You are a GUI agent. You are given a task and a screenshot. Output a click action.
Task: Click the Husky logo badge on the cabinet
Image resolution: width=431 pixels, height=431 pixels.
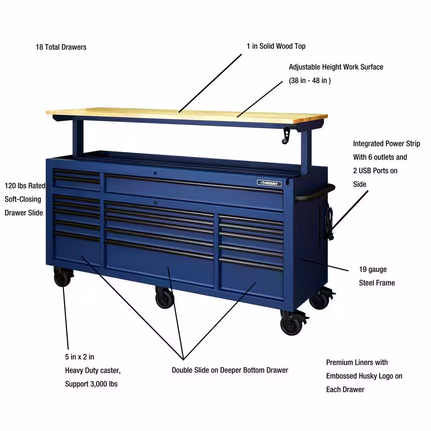click(x=269, y=183)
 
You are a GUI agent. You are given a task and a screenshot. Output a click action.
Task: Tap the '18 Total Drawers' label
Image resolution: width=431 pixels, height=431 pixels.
click(x=61, y=47)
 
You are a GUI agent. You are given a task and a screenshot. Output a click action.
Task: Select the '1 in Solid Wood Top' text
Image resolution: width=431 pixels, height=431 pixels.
click(x=276, y=46)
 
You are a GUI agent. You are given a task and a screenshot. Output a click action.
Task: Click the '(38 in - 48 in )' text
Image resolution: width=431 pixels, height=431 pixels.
click(x=310, y=81)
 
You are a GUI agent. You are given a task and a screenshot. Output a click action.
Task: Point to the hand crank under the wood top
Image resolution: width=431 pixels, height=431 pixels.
click(x=286, y=135)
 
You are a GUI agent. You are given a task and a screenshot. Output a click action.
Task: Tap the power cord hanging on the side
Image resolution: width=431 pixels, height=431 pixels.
click(x=329, y=223)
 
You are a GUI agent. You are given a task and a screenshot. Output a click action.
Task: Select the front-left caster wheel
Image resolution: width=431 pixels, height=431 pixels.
click(x=62, y=277)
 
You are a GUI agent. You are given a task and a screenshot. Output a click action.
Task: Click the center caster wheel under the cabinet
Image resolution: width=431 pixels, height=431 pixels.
click(x=164, y=297)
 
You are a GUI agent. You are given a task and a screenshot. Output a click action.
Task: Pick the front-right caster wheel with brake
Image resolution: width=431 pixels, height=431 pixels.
click(x=293, y=323)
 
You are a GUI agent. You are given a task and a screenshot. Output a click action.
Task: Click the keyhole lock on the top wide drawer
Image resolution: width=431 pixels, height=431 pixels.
click(x=155, y=173)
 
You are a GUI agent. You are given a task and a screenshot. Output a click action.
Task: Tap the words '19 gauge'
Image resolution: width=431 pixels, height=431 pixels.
click(x=373, y=269)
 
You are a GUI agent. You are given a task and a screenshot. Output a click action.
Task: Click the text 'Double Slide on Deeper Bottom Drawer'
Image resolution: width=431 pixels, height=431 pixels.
click(x=230, y=370)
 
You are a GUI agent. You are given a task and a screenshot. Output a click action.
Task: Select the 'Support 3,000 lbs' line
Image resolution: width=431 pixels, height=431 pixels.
click(x=91, y=384)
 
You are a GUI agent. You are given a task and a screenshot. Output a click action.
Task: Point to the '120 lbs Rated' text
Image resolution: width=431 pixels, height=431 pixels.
click(x=25, y=186)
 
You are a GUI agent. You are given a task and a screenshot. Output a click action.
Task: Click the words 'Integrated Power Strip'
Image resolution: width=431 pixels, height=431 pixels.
click(x=387, y=144)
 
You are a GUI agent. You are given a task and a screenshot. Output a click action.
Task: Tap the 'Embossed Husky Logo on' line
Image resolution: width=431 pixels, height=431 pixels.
click(x=364, y=376)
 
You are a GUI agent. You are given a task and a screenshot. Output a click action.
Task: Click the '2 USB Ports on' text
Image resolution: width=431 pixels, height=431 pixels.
click(x=375, y=171)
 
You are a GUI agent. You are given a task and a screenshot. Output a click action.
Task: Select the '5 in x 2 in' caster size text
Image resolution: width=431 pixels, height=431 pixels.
click(x=79, y=357)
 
